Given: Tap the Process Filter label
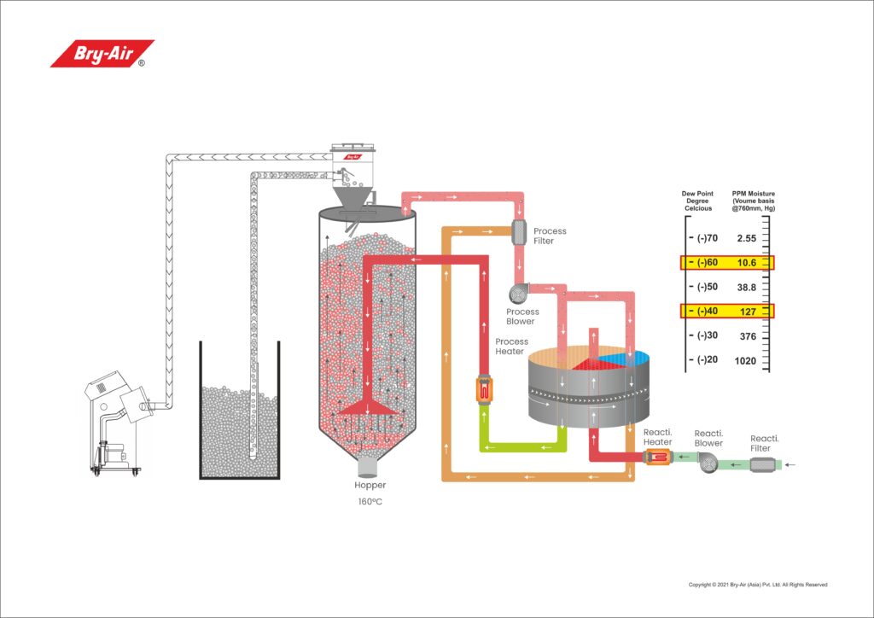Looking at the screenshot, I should click(550, 236).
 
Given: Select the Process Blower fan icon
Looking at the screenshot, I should click(518, 294).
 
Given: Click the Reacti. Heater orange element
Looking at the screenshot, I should click(657, 459).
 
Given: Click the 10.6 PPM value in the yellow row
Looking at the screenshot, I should click(745, 262).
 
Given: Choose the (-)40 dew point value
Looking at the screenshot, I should click(706, 311).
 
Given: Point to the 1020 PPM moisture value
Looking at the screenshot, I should click(745, 360).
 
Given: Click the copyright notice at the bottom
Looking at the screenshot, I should click(758, 585).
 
